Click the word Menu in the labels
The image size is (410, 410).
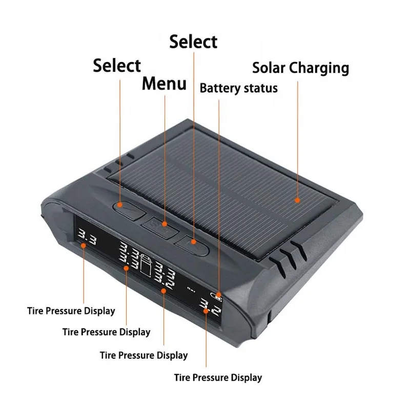coord(164,84)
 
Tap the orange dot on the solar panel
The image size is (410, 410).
coord(297,200)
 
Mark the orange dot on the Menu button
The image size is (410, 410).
coord(165,224)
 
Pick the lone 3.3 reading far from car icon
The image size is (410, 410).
coord(87,237)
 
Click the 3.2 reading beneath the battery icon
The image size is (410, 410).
coord(210,306)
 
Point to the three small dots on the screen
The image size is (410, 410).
coord(191,289)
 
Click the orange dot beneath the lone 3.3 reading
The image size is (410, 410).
coord(83,245)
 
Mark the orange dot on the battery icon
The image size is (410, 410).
coord(219,296)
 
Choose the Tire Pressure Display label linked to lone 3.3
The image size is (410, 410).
coord(71,311)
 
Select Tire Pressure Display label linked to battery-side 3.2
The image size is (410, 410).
coord(218,378)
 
